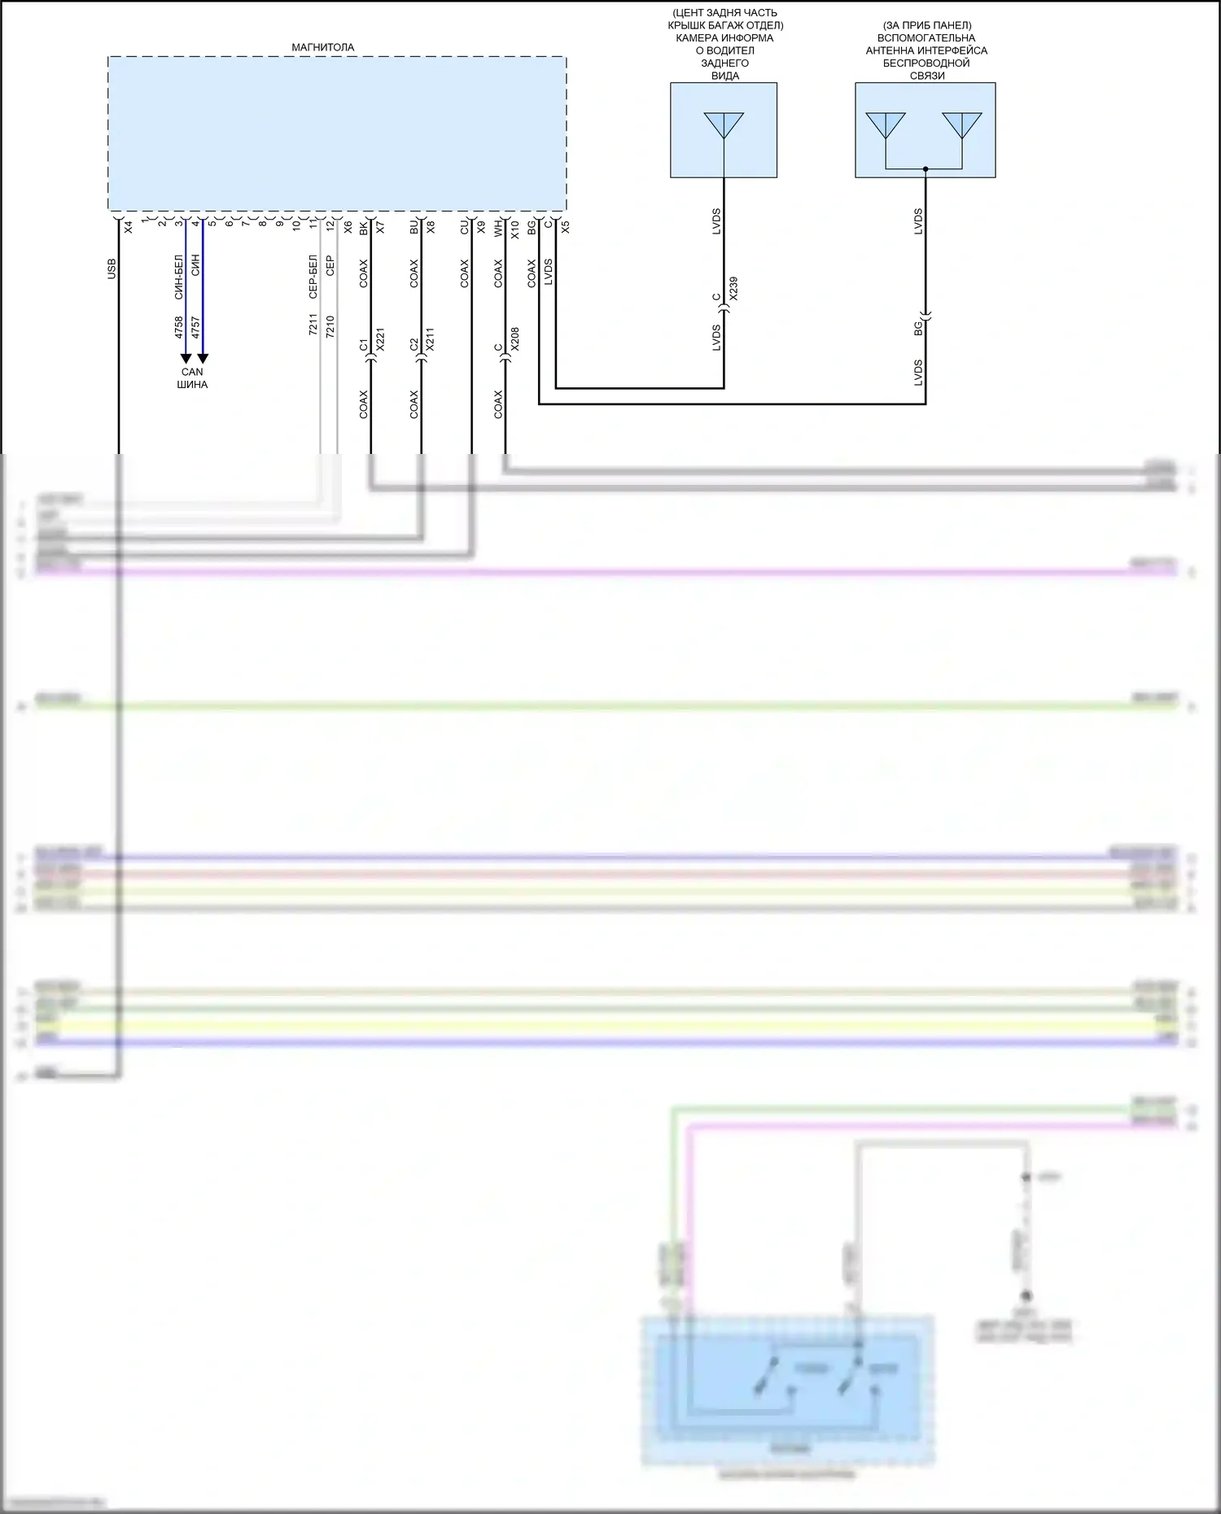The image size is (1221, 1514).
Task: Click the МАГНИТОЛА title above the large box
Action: (322, 47)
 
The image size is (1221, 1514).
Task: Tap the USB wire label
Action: (112, 269)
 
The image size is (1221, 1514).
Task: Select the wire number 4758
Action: (179, 328)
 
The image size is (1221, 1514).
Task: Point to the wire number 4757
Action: (195, 328)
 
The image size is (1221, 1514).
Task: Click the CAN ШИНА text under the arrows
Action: (192, 378)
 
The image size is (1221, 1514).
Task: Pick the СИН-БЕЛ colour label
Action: (179, 277)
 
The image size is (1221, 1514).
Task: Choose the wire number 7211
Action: (313, 325)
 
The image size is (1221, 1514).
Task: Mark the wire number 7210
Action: (330, 325)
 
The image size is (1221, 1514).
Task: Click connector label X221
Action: (380, 340)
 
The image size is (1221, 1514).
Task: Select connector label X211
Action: (430, 340)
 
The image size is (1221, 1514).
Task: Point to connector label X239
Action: (733, 289)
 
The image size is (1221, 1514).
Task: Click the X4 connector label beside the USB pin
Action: (128, 229)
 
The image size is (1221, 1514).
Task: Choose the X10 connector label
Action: (514, 230)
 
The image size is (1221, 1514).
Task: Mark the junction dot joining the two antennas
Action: (926, 169)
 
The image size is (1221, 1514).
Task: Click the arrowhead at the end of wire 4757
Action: (203, 359)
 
